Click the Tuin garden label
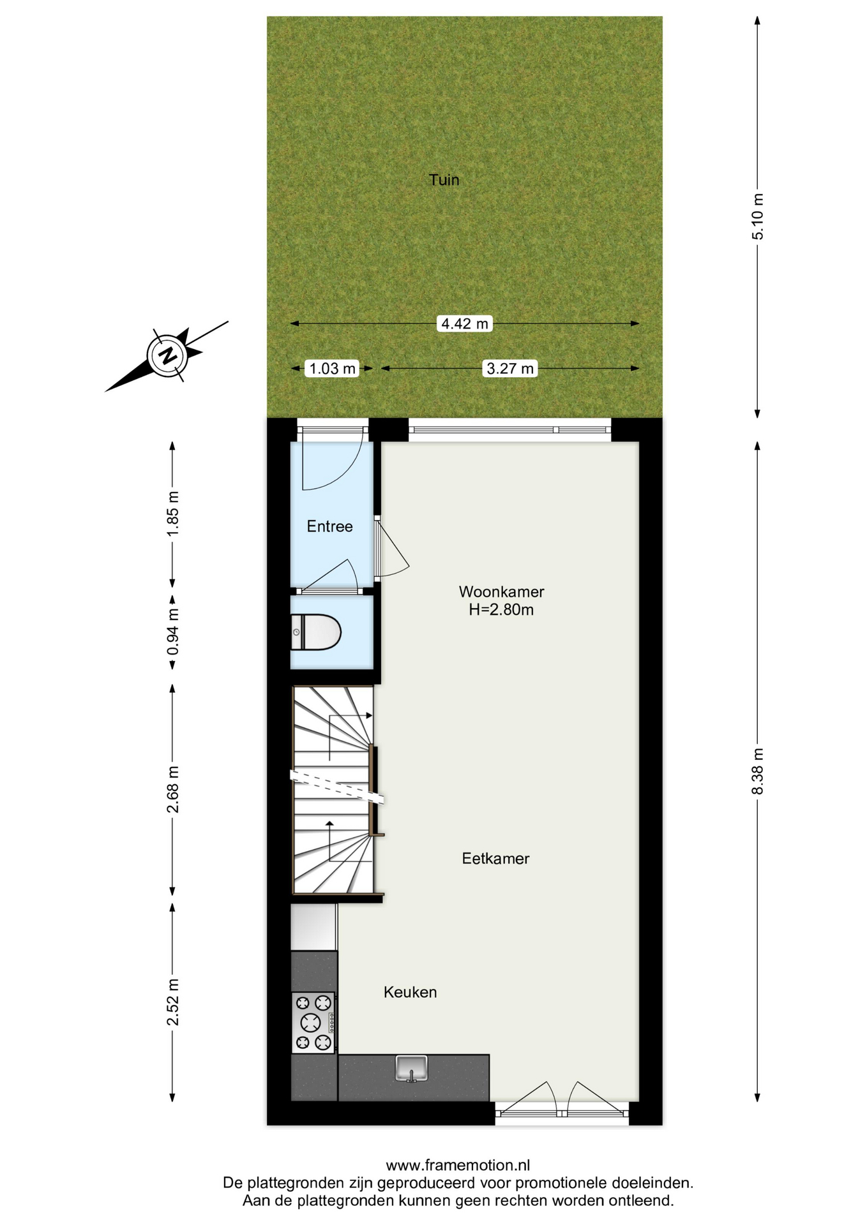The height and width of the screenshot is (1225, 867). [x=444, y=180]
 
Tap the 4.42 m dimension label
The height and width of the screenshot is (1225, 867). [x=465, y=323]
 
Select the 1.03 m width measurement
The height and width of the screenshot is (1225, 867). [x=332, y=368]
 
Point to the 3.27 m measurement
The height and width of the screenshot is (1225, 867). [x=509, y=368]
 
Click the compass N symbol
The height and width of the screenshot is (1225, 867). [x=169, y=355]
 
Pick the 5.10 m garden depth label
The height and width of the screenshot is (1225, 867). [x=757, y=216]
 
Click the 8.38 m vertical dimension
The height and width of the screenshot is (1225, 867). [x=757, y=771]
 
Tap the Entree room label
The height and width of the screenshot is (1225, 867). [x=329, y=526]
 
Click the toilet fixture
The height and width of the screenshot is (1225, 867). [x=316, y=632]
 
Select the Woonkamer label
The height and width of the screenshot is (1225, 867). [x=501, y=591]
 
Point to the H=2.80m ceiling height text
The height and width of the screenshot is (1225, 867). [x=501, y=610]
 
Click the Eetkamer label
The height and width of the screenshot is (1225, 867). [x=495, y=859]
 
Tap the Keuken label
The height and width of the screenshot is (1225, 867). [x=410, y=992]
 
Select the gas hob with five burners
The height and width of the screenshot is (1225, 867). [x=313, y=1023]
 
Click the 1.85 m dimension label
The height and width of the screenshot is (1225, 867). [x=172, y=514]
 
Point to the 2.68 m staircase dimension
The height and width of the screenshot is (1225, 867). [x=172, y=790]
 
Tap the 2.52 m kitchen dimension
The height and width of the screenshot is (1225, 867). [x=172, y=1002]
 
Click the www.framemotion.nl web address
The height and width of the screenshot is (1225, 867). [x=458, y=1165]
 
